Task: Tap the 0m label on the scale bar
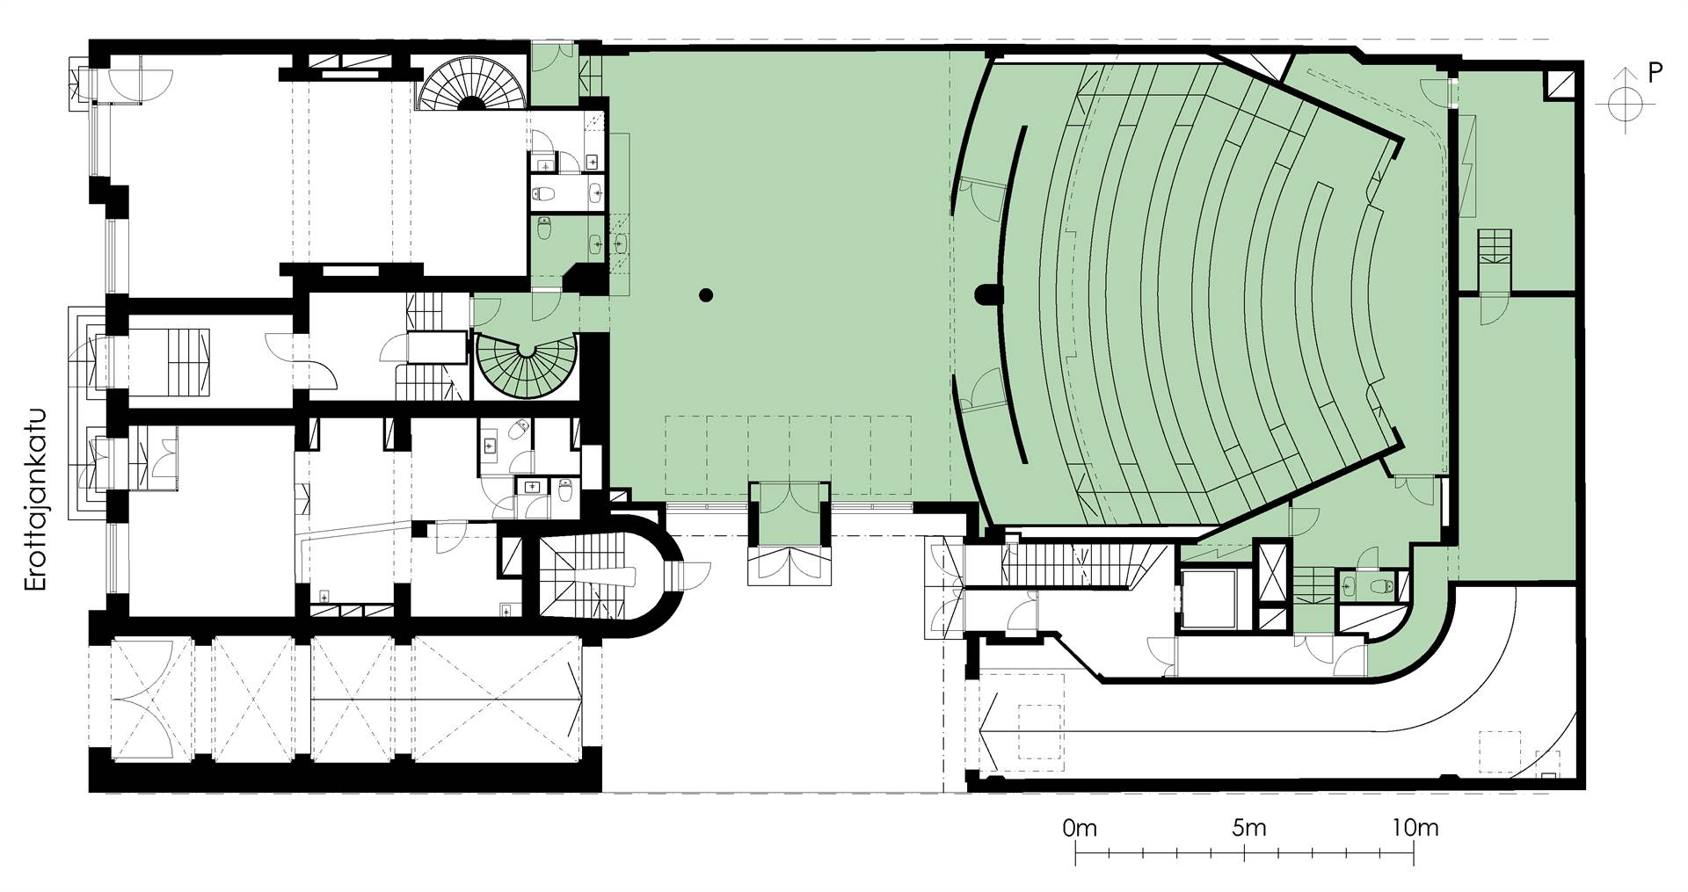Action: [x=1080, y=827]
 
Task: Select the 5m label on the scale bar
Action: [x=1248, y=827]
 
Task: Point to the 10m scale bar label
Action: [x=1415, y=827]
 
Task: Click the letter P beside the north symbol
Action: [x=1655, y=74]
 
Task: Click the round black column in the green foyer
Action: [x=704, y=295]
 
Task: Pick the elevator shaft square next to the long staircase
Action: [x=1209, y=600]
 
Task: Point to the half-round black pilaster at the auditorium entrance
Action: [x=987, y=294]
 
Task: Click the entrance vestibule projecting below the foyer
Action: [x=789, y=533]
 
